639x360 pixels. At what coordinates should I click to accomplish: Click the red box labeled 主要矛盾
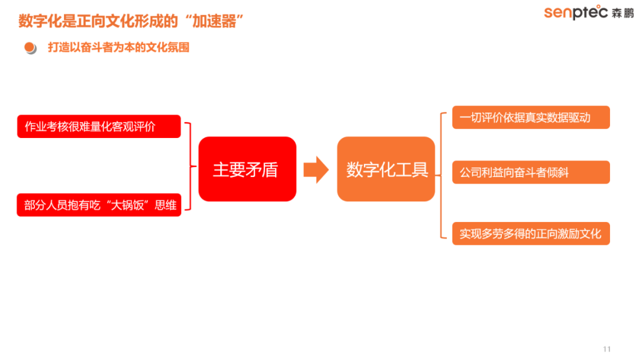pos(247,169)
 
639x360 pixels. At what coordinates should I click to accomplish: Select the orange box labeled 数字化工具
pos(386,169)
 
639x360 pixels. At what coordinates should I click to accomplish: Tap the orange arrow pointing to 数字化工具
pos(316,169)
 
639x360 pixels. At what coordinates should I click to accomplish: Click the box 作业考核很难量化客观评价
pos(99,126)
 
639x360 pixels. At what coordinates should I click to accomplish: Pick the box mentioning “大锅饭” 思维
pos(99,205)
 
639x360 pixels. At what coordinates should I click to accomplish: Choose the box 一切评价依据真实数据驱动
pos(531,117)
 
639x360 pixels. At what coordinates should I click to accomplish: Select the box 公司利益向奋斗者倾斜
pos(531,172)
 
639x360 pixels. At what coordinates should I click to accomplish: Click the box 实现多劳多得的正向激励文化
pos(531,234)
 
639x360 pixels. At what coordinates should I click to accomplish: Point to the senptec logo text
pos(576,12)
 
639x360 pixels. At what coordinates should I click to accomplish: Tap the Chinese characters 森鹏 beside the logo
pos(622,13)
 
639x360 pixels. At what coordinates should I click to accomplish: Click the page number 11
pos(607,349)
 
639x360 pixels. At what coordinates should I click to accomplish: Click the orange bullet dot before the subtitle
pos(30,47)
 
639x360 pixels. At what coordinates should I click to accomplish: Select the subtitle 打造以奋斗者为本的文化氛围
pos(118,47)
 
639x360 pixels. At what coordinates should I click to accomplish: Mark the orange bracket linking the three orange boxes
pos(441,175)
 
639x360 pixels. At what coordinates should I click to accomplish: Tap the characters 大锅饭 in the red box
pos(128,205)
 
